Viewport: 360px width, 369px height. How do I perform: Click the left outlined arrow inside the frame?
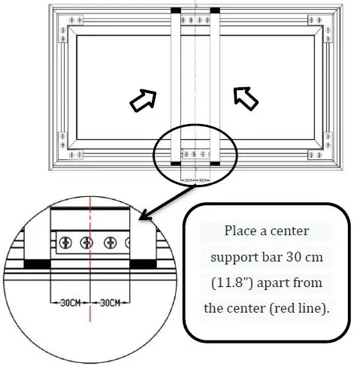(x=143, y=100)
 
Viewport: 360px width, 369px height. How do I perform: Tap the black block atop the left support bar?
(x=176, y=10)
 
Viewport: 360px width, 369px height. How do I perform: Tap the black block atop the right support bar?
(x=215, y=10)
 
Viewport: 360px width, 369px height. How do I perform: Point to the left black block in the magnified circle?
(x=35, y=265)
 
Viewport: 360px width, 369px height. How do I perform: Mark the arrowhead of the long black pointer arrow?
(x=144, y=219)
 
